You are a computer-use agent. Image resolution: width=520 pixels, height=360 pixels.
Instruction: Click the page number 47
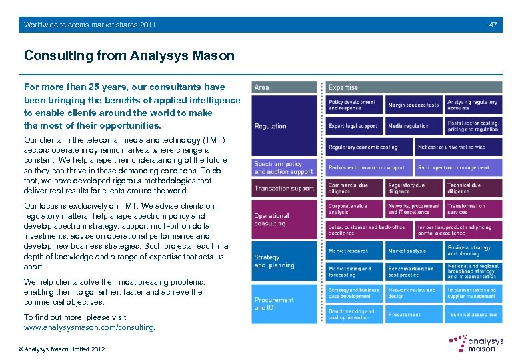[x=493, y=25]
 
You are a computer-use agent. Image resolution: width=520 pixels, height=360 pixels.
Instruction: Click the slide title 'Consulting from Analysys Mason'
[x=129, y=55]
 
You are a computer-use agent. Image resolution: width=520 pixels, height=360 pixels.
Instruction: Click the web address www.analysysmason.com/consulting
[x=89, y=327]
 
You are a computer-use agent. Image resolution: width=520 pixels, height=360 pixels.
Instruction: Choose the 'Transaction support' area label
[x=284, y=189]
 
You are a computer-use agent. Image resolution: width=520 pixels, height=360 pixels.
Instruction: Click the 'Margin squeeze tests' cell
[x=413, y=105]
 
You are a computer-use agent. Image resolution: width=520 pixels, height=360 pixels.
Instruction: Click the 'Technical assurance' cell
[x=473, y=314]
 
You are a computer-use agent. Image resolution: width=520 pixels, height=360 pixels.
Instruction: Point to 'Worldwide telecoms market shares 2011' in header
[x=89, y=25]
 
